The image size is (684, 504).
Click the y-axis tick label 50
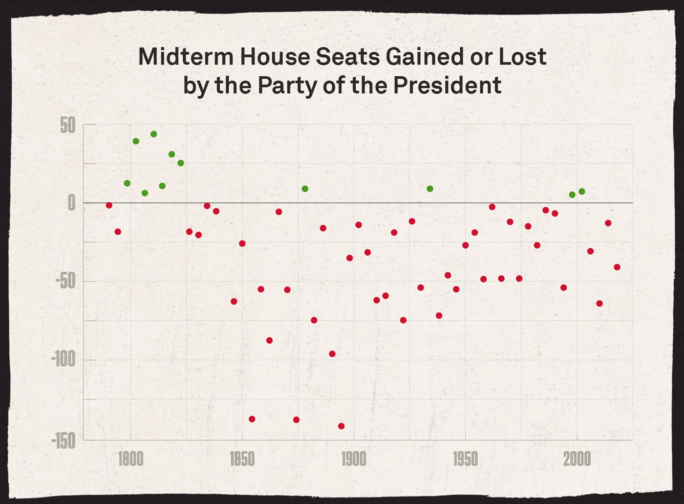click(x=68, y=126)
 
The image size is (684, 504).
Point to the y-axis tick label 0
click(x=72, y=202)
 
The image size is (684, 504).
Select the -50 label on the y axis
click(x=65, y=281)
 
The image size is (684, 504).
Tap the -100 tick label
click(x=64, y=360)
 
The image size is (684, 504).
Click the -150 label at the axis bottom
click(x=64, y=441)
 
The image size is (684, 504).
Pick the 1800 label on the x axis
click(x=130, y=460)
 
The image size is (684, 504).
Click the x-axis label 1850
click(x=242, y=460)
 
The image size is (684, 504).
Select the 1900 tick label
click(x=354, y=460)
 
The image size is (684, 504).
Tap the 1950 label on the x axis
click(x=465, y=460)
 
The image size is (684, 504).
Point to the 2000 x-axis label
click(x=577, y=460)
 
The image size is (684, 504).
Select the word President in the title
click(x=447, y=86)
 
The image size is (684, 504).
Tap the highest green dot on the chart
click(x=153, y=134)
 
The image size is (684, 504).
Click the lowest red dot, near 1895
click(x=342, y=426)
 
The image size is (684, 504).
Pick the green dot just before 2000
click(x=572, y=195)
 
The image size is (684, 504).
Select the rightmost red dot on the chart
click(x=617, y=267)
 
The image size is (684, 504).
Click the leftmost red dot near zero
click(x=109, y=205)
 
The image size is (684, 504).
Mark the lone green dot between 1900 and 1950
click(x=430, y=189)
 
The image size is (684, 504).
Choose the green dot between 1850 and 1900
click(x=305, y=189)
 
